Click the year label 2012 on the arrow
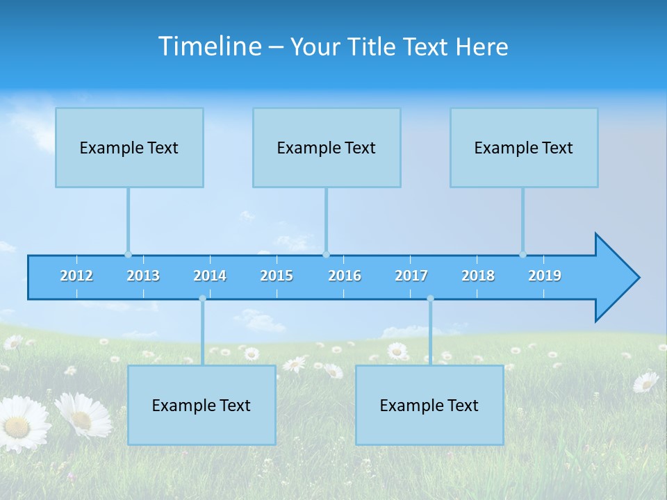(76, 276)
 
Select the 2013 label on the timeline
(143, 276)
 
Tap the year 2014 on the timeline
(210, 276)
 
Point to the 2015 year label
(277, 276)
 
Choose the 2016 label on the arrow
(345, 276)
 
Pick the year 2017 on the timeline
(411, 276)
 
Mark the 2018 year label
(478, 276)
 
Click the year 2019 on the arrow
(545, 276)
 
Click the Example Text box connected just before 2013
(129, 148)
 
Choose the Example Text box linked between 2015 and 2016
(327, 148)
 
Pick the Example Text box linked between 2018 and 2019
(524, 148)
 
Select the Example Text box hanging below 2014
(201, 405)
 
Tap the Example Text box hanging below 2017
(429, 405)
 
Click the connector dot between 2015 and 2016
(326, 254)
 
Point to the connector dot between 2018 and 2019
(522, 254)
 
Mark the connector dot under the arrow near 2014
(202, 299)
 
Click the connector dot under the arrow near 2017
(430, 299)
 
